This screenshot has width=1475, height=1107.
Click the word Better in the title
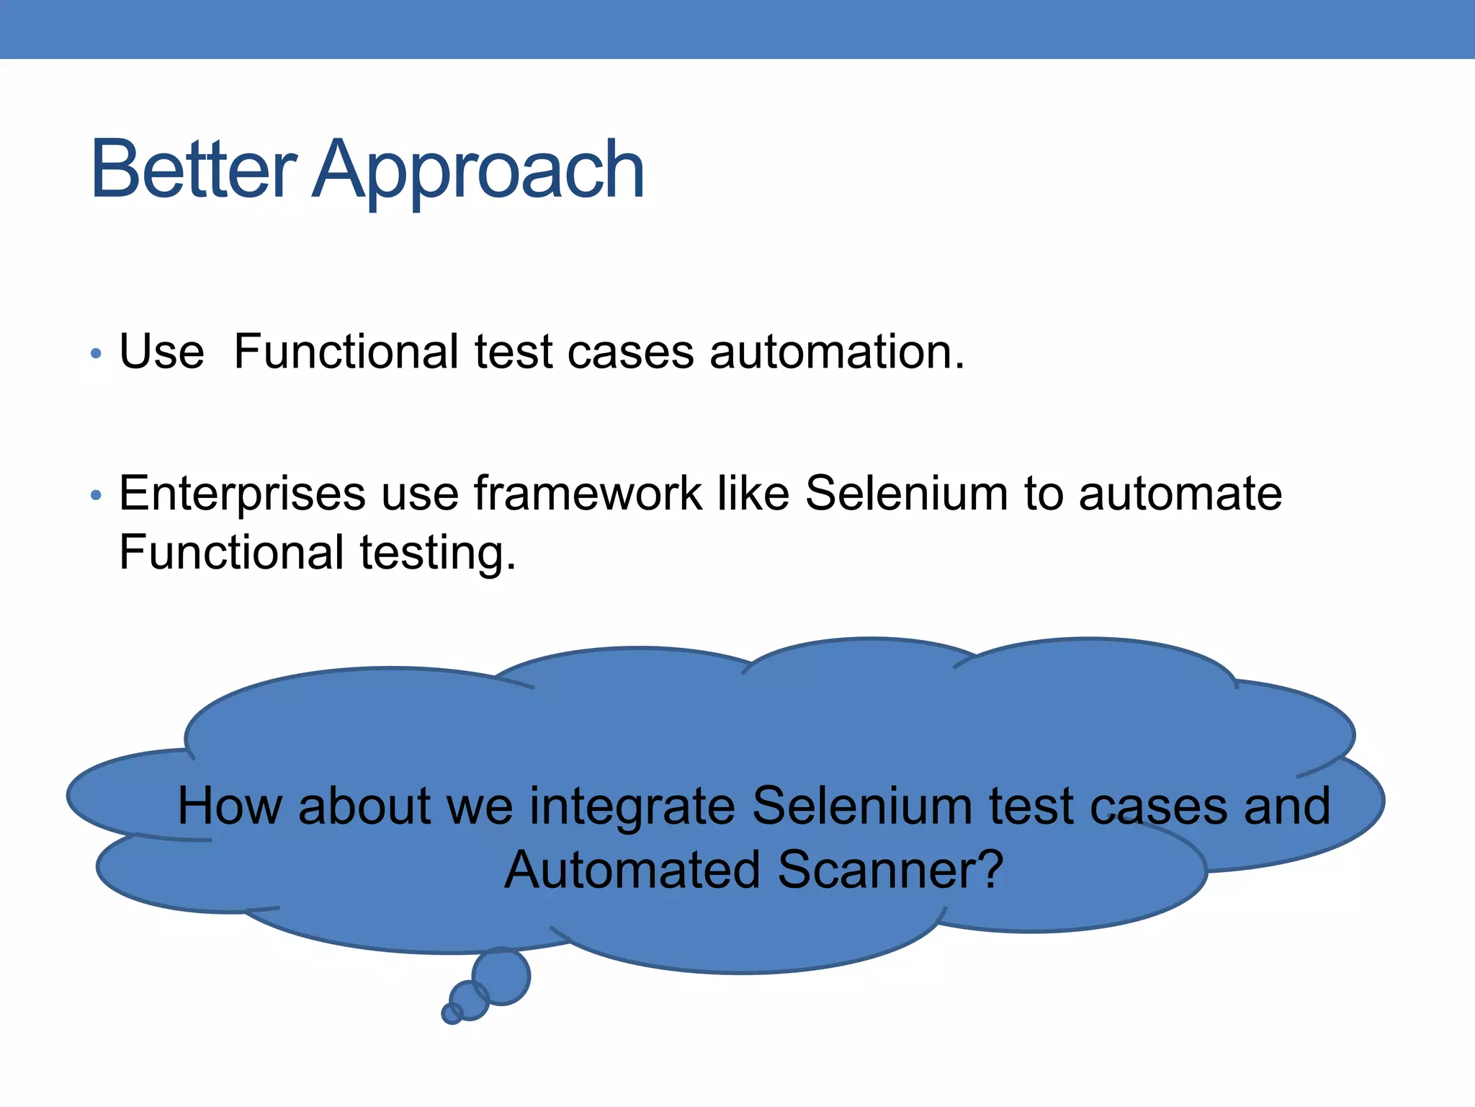click(193, 170)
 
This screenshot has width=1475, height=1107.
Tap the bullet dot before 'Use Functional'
click(96, 354)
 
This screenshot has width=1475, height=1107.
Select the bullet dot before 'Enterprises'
click(96, 496)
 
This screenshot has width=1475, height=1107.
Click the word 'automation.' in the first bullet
click(837, 352)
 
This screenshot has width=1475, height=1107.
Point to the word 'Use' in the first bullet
click(161, 352)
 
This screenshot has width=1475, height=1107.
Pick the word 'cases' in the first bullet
click(630, 352)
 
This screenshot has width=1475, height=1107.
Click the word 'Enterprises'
click(242, 495)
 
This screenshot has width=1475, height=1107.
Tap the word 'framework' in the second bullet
click(587, 494)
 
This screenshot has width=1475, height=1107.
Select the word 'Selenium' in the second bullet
click(906, 494)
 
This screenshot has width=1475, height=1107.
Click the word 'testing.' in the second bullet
click(438, 553)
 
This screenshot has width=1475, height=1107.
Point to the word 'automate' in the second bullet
click(1180, 495)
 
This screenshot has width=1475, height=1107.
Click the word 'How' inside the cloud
click(229, 806)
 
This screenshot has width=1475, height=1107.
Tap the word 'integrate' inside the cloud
click(632, 807)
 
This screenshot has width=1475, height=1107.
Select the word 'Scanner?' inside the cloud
click(890, 870)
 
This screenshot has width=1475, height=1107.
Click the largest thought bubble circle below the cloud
click(501, 977)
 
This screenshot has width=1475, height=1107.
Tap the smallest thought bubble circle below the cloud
click(452, 1013)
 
